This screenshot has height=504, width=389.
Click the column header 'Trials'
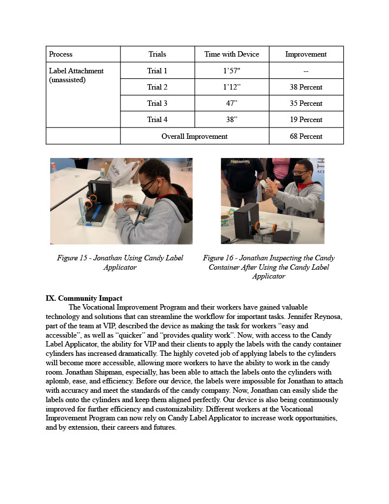click(x=157, y=54)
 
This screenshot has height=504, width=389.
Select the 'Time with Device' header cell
click(x=232, y=54)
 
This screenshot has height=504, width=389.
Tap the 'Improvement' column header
click(x=306, y=54)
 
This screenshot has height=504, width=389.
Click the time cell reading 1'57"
click(x=232, y=71)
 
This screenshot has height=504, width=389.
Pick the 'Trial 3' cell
click(x=157, y=103)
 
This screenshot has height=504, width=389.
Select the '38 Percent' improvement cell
click(x=306, y=87)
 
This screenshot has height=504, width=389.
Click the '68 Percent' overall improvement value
click(x=306, y=136)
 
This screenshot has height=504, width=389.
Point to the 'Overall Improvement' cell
click(x=194, y=136)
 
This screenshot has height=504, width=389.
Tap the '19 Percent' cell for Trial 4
click(x=306, y=120)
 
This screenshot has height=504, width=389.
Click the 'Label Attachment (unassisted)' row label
click(x=76, y=75)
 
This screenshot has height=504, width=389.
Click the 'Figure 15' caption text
click(x=120, y=262)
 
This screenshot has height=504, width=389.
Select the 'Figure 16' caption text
click(x=269, y=267)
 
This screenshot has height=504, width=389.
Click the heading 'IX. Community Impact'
click(x=84, y=298)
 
